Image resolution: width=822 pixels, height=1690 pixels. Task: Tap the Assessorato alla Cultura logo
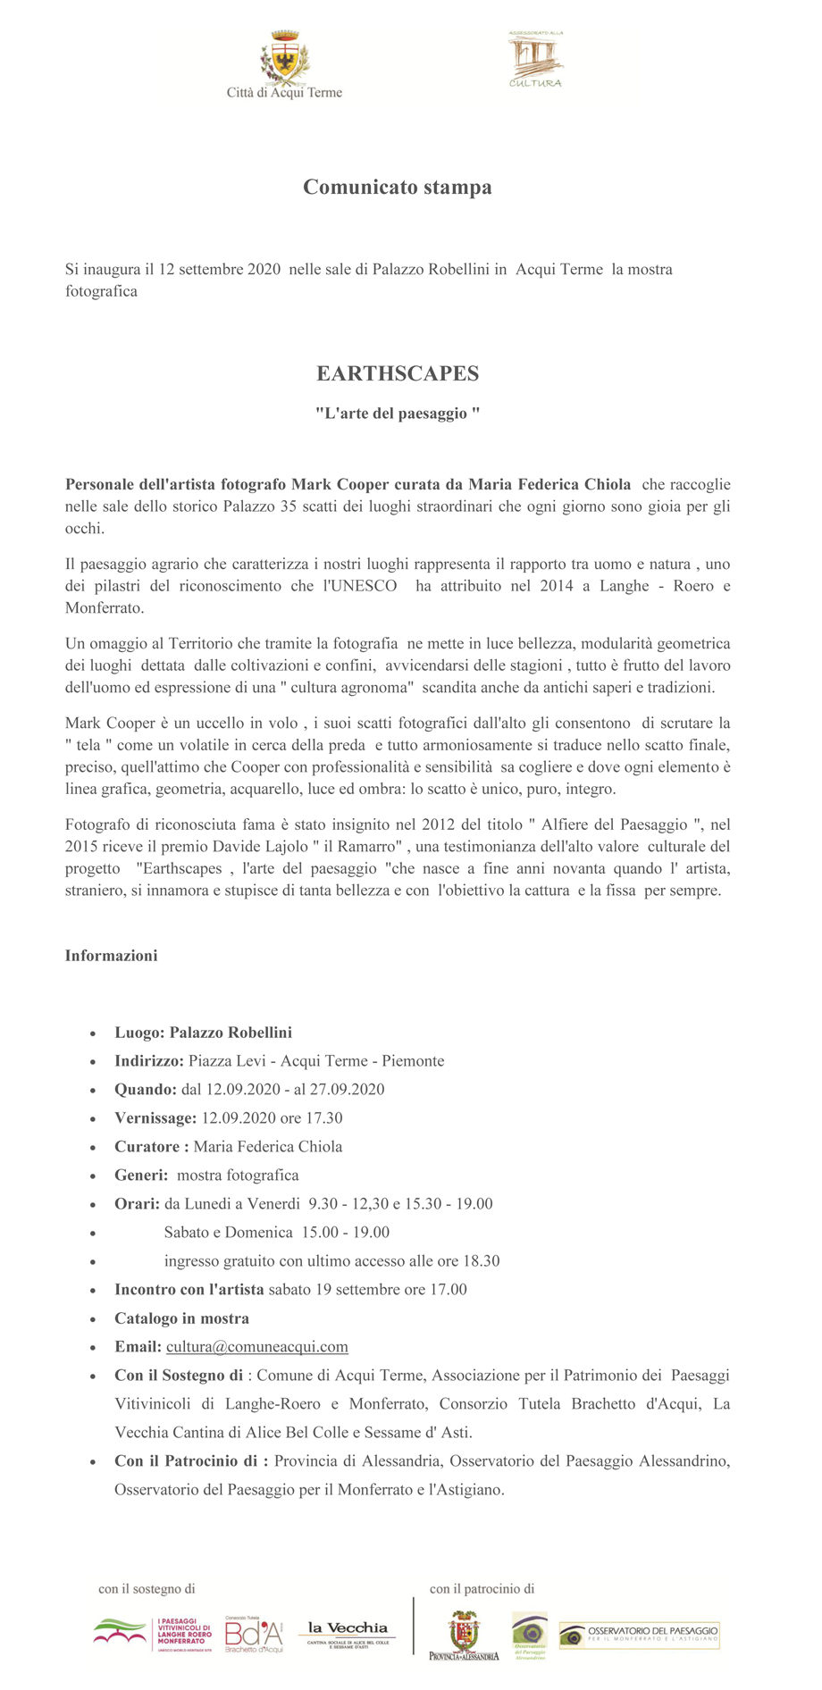[x=535, y=59]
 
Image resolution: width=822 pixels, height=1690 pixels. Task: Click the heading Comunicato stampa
[x=398, y=188]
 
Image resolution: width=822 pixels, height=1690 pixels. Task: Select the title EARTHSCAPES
[x=398, y=373]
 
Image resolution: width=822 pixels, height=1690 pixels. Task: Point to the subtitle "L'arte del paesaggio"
[x=398, y=414]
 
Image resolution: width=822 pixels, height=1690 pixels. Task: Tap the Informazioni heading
[x=111, y=956]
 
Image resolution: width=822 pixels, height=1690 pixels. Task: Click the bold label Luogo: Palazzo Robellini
[x=203, y=1033]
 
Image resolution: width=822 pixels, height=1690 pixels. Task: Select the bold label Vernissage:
[x=155, y=1118]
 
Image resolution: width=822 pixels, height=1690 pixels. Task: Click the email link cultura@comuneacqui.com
[x=257, y=1347]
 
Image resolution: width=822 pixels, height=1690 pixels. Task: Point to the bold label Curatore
[x=151, y=1147]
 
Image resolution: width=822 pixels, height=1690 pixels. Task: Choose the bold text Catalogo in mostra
[x=181, y=1318]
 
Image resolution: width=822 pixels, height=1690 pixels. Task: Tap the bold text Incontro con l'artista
[x=189, y=1290]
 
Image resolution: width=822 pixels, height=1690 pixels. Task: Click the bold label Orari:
[x=137, y=1204]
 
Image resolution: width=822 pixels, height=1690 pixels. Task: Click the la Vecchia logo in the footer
[x=348, y=1634]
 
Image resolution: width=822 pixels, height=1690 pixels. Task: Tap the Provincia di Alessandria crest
[x=464, y=1636]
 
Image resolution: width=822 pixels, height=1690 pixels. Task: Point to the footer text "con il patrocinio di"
[x=482, y=1589]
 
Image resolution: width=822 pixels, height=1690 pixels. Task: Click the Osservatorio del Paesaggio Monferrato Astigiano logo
[x=639, y=1635]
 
